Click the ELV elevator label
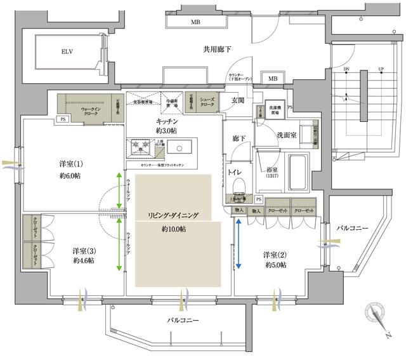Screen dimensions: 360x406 (67, 51)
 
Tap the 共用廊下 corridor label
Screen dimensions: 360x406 (216, 49)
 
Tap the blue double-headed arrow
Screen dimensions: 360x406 (239, 244)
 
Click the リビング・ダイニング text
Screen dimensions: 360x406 (169, 216)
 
